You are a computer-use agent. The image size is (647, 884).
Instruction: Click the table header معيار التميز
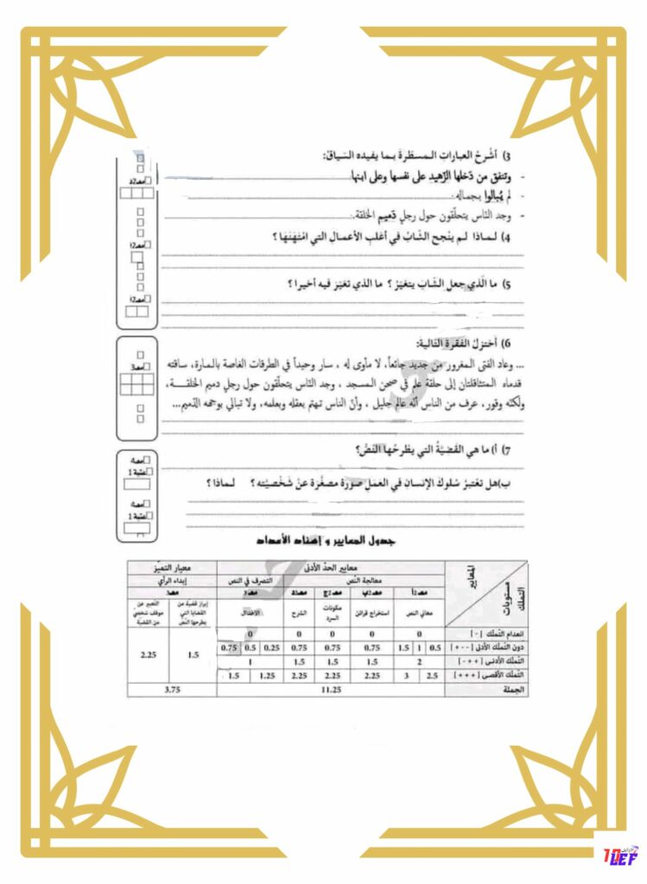click(x=170, y=567)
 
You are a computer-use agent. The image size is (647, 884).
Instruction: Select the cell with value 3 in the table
click(x=407, y=676)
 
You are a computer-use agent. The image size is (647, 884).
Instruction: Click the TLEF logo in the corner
click(x=620, y=855)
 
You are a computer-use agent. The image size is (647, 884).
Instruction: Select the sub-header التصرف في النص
click(x=251, y=580)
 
